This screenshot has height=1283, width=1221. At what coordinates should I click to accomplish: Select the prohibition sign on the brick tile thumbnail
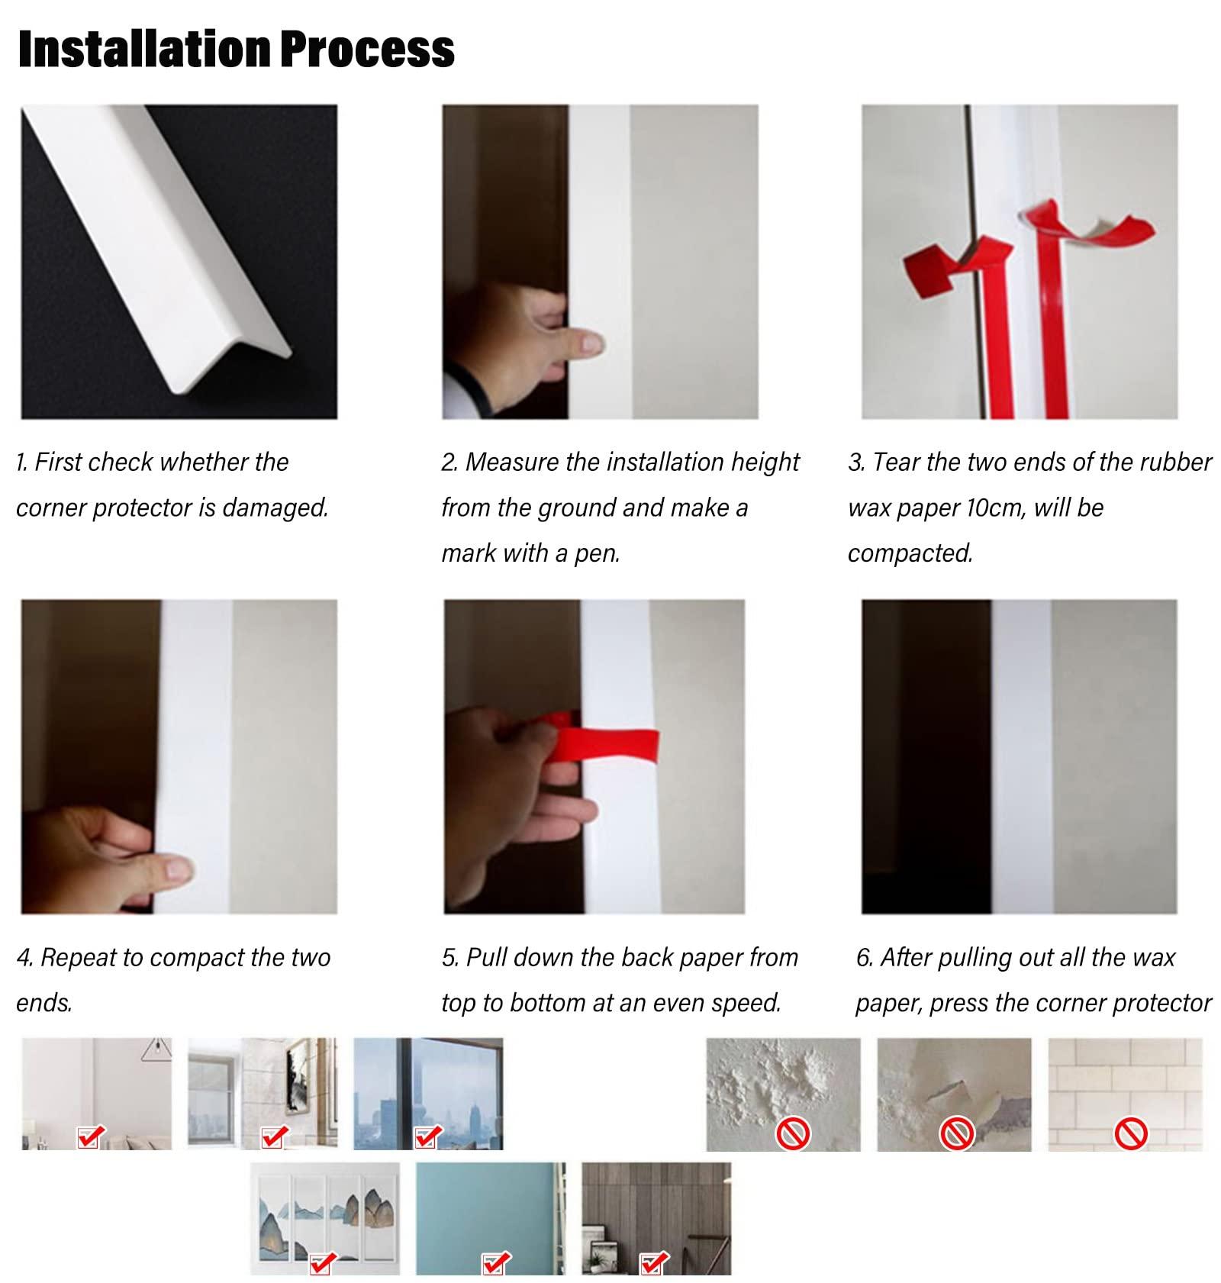pyautogui.click(x=1130, y=1133)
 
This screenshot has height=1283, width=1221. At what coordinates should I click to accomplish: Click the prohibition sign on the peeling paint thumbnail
pyautogui.click(x=956, y=1133)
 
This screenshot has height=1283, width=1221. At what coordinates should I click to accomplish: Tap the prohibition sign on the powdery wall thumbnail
pyautogui.click(x=792, y=1133)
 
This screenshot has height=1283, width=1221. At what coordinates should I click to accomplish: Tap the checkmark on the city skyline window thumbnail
pyautogui.click(x=426, y=1137)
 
